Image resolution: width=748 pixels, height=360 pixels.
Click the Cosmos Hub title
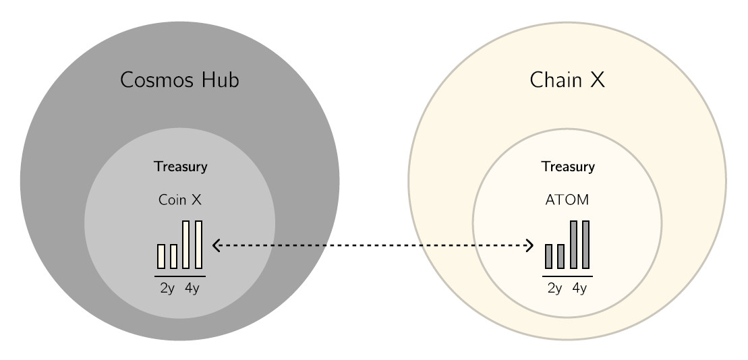179,80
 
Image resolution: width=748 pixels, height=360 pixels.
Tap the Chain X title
567,80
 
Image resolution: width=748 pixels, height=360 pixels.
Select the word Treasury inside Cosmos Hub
180,167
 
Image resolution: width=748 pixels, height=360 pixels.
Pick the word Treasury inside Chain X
568,167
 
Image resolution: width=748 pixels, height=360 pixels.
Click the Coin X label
180,200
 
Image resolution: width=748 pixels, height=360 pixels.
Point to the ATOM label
567,200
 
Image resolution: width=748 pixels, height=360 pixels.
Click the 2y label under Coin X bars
167,289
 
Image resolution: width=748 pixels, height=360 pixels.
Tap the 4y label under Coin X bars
192,289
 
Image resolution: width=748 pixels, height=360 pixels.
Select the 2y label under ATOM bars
555,289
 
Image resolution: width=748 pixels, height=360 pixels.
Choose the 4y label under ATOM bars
579,289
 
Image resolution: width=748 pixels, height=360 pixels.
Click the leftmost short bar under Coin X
161,257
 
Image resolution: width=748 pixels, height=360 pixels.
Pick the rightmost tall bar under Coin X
198,245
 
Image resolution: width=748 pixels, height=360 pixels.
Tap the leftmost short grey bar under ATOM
548,257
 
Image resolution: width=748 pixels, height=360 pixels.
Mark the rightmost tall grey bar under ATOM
586,245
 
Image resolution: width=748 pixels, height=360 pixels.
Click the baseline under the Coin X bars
180,276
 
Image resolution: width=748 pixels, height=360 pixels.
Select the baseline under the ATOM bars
567,276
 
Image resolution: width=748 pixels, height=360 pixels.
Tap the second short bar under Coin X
173,257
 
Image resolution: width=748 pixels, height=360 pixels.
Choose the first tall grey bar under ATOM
573,245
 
